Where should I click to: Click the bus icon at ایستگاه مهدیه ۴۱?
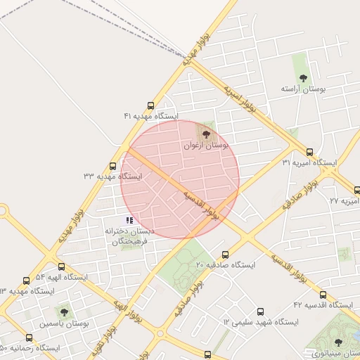(x=151, y=105)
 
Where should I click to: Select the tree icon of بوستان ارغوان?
(x=206, y=134)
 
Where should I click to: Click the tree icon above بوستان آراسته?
(x=303, y=78)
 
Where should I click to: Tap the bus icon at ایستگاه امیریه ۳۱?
(x=310, y=152)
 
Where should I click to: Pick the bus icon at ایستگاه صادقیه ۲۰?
(x=225, y=255)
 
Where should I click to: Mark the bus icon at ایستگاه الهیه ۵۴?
(x=62, y=267)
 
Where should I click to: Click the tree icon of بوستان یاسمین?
(x=65, y=311)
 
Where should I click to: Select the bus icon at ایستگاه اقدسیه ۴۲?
(x=323, y=295)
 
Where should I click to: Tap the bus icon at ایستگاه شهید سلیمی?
(x=261, y=311)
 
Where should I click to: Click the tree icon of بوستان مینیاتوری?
(x=338, y=342)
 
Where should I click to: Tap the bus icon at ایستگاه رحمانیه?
(x=28, y=337)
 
